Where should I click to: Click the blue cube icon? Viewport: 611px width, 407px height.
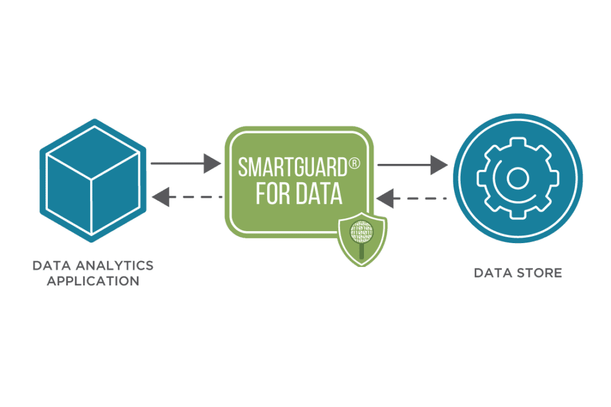tap(92, 181)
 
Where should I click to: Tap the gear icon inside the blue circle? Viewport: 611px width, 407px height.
tap(518, 178)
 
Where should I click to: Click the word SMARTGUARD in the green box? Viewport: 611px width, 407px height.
tap(292, 167)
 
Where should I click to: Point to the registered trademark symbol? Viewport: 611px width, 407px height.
tap(354, 163)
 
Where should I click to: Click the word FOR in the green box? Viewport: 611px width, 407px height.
tap(272, 194)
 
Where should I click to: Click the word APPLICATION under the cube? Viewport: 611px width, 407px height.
tap(93, 281)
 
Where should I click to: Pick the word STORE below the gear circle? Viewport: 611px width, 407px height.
tap(540, 273)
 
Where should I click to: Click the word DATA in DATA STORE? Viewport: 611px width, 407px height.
tap(493, 273)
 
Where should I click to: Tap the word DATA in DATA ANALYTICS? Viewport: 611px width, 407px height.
tap(52, 265)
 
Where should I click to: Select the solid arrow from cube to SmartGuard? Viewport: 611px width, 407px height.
tap(186, 163)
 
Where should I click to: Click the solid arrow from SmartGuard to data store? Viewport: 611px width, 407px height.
tap(412, 165)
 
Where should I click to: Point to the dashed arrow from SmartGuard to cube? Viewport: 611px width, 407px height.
tap(187, 197)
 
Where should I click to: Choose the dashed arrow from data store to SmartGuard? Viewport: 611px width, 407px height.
tap(412, 198)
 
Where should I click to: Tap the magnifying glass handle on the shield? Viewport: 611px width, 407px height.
tap(362, 251)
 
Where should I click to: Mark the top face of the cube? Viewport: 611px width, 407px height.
tap(92, 153)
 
